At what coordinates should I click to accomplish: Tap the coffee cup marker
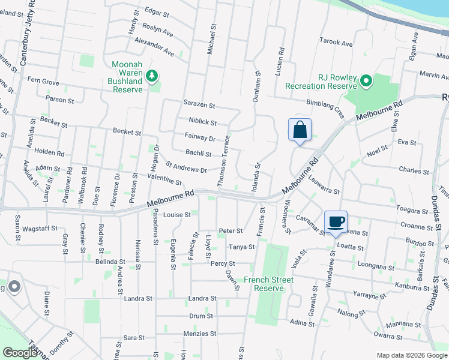click(336, 222)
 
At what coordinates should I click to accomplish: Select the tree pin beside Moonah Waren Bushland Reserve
click(152, 75)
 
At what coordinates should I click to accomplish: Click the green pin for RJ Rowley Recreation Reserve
click(366, 79)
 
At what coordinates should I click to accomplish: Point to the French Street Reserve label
click(268, 284)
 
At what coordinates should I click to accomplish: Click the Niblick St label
click(202, 122)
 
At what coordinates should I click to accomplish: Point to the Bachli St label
click(199, 154)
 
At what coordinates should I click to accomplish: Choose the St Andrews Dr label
click(186, 167)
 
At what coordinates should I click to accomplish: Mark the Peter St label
click(231, 230)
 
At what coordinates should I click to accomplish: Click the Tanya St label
click(241, 247)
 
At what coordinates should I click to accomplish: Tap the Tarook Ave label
click(336, 43)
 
